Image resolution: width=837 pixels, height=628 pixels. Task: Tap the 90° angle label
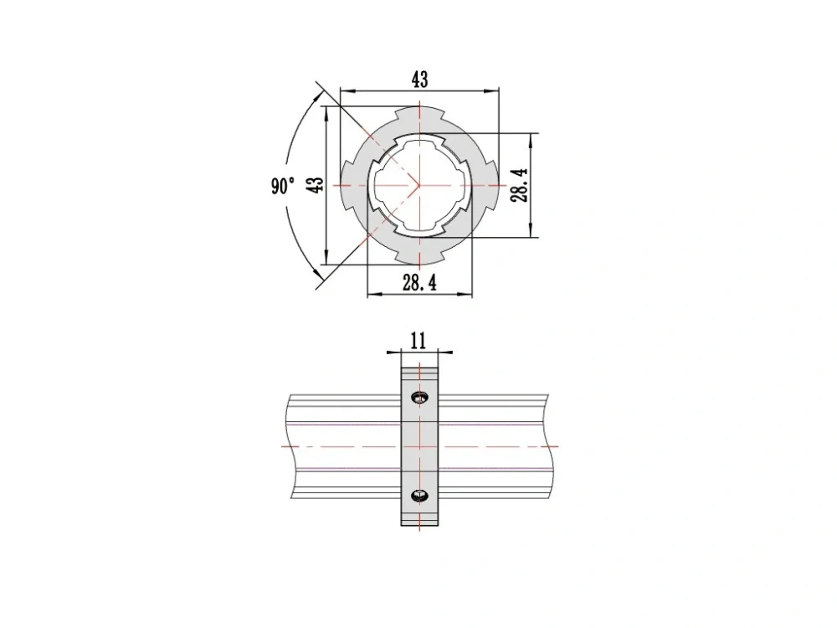click(x=283, y=186)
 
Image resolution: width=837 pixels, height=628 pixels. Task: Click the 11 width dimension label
click(x=418, y=340)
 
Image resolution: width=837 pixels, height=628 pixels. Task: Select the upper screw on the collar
click(x=419, y=397)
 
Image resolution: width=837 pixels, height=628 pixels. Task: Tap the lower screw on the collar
click(x=419, y=496)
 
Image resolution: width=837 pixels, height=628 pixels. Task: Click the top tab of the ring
click(x=419, y=113)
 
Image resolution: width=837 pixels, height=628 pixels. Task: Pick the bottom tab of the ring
click(x=419, y=256)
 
